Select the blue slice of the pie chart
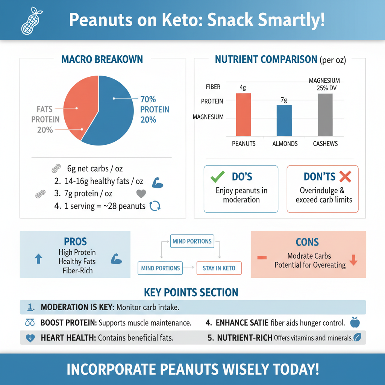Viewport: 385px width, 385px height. (113, 113)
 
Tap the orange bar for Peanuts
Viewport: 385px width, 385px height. (243, 114)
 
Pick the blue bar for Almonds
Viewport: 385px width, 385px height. (284, 120)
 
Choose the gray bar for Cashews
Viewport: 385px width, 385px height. (325, 115)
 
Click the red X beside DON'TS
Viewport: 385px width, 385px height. (345, 176)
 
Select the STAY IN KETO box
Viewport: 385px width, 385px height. (219, 268)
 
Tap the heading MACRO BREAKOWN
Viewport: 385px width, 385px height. (102, 59)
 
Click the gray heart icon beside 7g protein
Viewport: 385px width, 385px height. (141, 194)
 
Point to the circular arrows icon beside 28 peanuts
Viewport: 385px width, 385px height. (155, 206)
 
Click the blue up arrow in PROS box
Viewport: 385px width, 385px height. (38, 259)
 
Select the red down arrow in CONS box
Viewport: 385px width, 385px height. (353, 260)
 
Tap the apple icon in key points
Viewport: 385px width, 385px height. (355, 322)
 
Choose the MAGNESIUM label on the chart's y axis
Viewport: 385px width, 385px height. (208, 117)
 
